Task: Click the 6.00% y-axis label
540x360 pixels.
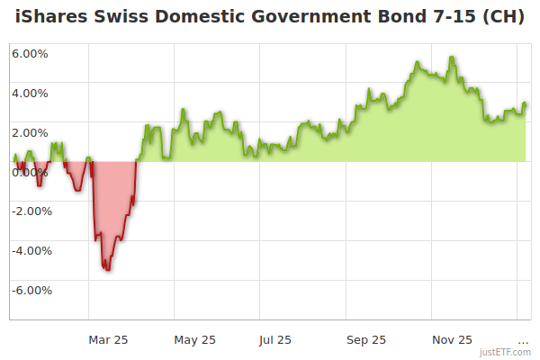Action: pyautogui.click(x=30, y=53)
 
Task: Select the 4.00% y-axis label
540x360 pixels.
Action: pyautogui.click(x=30, y=93)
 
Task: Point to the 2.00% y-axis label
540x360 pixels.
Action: pyautogui.click(x=30, y=132)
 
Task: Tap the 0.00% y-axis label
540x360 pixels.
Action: pyautogui.click(x=30, y=172)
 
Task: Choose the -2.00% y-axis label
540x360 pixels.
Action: pyautogui.click(x=31, y=211)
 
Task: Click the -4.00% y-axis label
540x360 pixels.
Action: pyautogui.click(x=31, y=251)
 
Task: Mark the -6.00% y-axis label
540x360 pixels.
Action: pyautogui.click(x=31, y=291)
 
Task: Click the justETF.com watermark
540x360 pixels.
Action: pyautogui.click(x=505, y=352)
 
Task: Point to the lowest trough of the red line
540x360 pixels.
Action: pyautogui.click(x=108, y=270)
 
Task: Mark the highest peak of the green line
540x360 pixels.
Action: pyautogui.click(x=452, y=57)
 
